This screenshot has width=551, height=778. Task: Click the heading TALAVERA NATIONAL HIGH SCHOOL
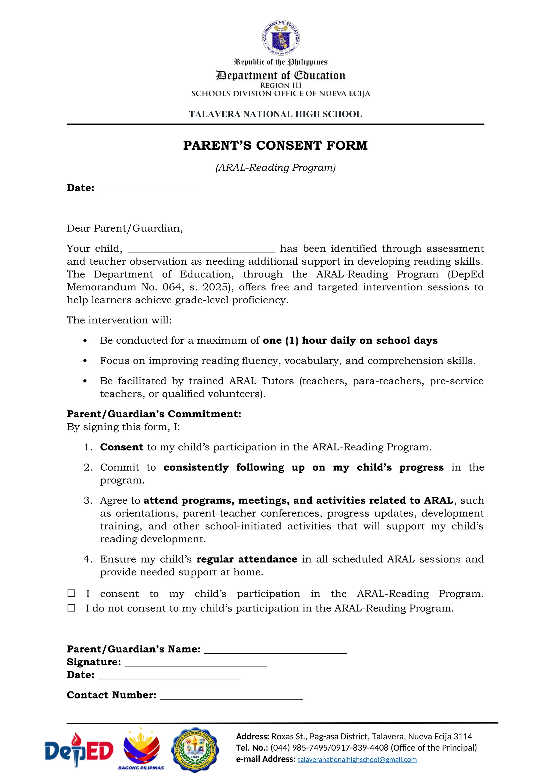(x=275, y=114)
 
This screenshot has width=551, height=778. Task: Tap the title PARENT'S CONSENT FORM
(x=275, y=145)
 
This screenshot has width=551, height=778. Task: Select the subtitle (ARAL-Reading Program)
(x=275, y=168)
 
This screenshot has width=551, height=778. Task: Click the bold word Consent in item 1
(x=121, y=447)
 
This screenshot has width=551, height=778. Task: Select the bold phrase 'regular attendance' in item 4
(x=247, y=559)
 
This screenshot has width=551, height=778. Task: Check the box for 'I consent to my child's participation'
(x=71, y=593)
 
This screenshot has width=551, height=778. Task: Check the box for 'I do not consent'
(x=71, y=608)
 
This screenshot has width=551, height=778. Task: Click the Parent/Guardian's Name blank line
(x=275, y=651)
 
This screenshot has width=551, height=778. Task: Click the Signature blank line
(x=196, y=664)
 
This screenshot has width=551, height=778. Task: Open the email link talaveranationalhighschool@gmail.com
(x=357, y=760)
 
